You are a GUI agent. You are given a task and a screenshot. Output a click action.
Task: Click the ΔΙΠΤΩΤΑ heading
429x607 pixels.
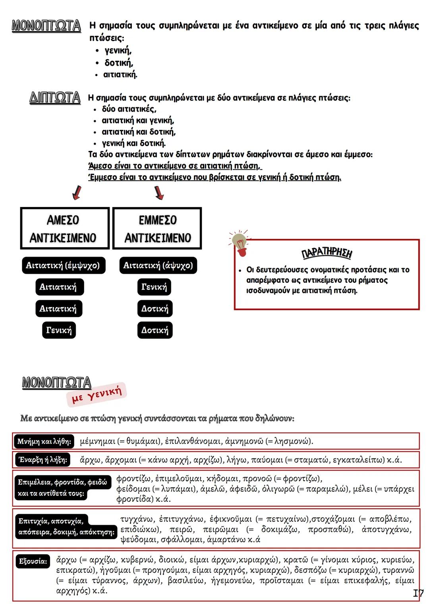click(x=55, y=98)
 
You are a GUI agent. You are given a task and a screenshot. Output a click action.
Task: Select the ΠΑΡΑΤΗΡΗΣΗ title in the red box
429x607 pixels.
click(x=327, y=253)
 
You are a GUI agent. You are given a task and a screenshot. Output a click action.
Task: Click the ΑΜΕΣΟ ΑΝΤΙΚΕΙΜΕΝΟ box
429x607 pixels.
click(x=64, y=228)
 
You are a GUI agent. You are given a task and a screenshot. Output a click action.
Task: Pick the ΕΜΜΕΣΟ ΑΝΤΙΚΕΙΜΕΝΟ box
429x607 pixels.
click(x=157, y=228)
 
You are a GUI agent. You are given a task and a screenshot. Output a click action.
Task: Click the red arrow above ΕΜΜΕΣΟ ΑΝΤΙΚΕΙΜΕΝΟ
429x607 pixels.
click(x=159, y=192)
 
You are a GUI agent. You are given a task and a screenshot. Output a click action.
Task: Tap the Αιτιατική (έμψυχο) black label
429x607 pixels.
click(x=63, y=265)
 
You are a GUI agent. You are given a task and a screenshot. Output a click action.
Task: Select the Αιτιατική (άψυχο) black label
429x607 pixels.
click(x=158, y=265)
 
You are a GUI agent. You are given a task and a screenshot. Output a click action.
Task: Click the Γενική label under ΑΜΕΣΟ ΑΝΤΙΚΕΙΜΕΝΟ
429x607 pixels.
click(x=59, y=330)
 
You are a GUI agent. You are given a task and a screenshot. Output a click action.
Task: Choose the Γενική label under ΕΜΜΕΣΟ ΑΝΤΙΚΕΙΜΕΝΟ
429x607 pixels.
click(x=155, y=287)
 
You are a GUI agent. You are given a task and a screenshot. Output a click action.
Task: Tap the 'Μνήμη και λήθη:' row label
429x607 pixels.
click(x=44, y=441)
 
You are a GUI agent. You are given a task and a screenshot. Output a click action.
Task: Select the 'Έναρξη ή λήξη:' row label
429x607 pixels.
click(x=43, y=460)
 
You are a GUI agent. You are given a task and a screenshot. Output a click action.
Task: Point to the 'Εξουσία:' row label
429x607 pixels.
click(x=33, y=561)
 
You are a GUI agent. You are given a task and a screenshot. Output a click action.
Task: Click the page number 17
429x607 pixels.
click(x=418, y=593)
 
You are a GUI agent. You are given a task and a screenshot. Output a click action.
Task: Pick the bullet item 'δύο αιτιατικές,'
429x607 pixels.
click(x=129, y=109)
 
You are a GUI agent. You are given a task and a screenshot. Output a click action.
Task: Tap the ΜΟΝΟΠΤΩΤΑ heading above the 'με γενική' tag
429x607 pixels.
click(x=56, y=383)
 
